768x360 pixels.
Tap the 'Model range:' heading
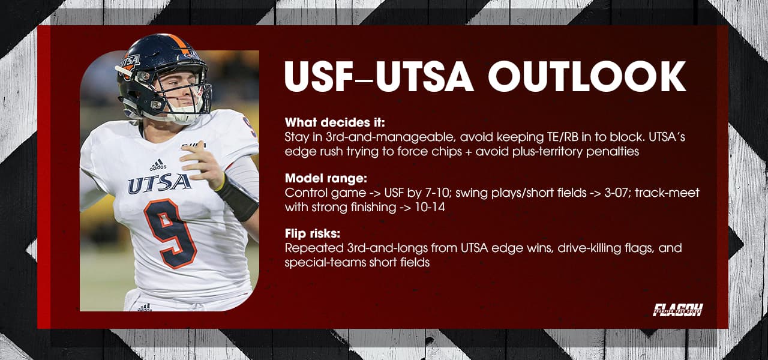320,178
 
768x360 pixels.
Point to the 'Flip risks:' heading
313,233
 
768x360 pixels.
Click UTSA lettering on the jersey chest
159,183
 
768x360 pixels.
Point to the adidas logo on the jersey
158,164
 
